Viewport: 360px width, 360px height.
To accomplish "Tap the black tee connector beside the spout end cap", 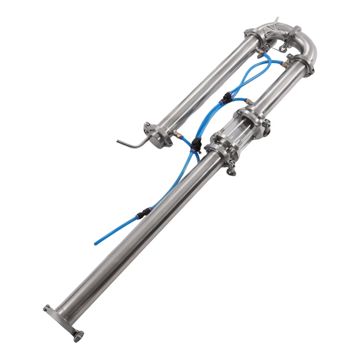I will coord(195,144).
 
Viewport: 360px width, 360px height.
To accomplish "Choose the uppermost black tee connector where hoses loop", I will coord(226,98).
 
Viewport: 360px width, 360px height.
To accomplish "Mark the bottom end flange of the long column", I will coord(62,319).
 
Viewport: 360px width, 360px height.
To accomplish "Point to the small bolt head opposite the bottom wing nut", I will coord(46,308).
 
